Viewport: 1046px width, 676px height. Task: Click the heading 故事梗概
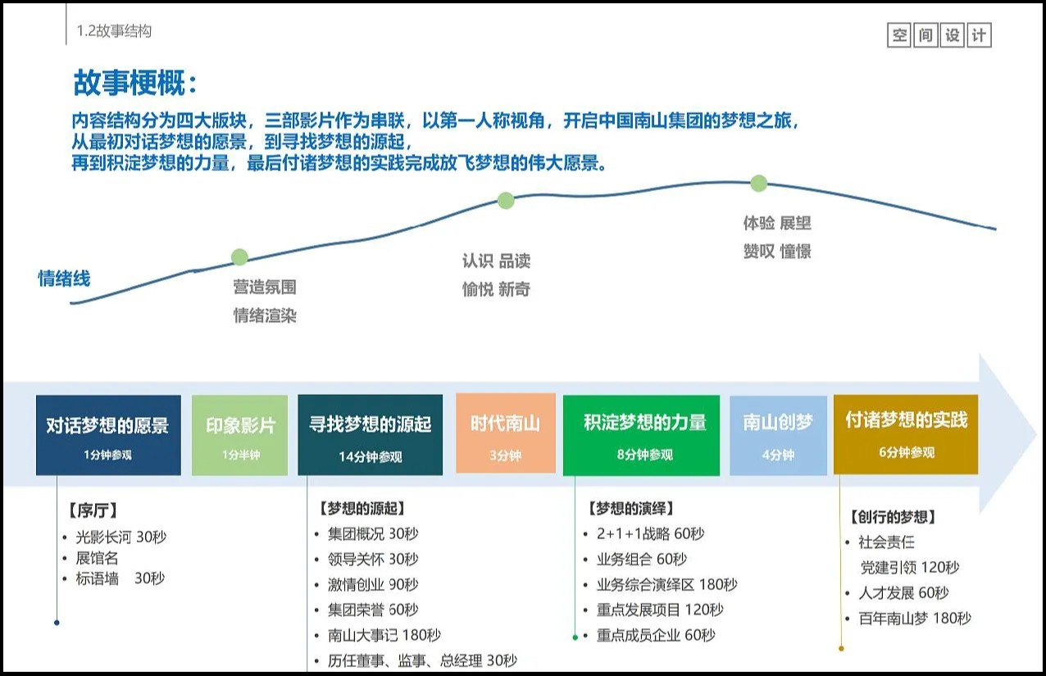pos(134,83)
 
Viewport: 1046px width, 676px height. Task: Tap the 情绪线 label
pos(64,279)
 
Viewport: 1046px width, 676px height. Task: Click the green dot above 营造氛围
pos(239,256)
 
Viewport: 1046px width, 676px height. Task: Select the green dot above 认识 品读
pos(506,201)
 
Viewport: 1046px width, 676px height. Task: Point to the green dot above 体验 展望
pos(759,184)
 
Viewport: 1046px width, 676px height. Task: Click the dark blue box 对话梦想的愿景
pos(108,435)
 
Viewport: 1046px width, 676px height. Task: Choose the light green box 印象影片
pos(239,435)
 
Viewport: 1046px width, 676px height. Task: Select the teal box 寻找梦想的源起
pos(371,434)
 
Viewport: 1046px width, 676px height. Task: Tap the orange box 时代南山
pos(506,433)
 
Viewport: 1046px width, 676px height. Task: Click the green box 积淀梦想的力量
pos(641,435)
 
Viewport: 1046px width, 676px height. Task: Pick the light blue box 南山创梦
pos(779,436)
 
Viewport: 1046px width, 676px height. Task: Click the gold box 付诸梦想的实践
pos(906,434)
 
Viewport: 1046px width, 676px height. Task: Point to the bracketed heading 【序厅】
pos(93,510)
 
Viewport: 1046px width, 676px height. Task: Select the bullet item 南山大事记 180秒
pos(384,635)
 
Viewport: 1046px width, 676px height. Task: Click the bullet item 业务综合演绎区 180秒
pos(666,584)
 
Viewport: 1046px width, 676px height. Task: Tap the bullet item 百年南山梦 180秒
pos(915,618)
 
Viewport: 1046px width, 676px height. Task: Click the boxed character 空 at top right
pos(899,35)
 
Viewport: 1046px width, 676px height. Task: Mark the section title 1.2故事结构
pos(114,31)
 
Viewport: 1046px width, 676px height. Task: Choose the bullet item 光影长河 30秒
pos(121,537)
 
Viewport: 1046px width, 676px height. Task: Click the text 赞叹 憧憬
pos(777,252)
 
